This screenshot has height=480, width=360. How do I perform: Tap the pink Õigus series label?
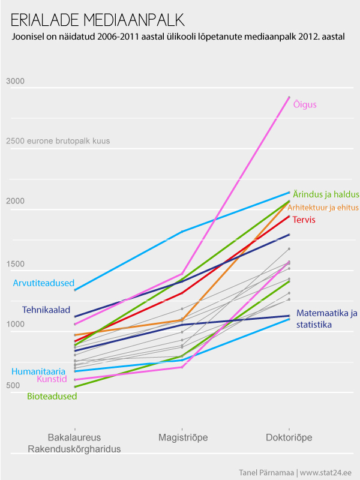click(305, 104)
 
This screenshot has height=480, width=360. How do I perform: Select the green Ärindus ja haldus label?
click(326, 194)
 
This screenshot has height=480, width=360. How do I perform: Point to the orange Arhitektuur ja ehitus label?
click(323, 208)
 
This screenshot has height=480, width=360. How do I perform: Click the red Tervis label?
click(304, 220)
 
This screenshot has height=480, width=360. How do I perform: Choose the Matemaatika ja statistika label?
click(326, 319)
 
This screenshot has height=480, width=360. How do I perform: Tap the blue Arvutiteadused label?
click(43, 283)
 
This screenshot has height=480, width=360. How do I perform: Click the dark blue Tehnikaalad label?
click(46, 310)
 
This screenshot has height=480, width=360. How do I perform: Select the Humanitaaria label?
click(38, 371)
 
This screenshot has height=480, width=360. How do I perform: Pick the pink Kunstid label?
click(51, 379)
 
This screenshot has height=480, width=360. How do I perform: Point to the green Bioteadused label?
click(52, 396)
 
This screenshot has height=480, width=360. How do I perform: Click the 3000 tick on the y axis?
click(15, 81)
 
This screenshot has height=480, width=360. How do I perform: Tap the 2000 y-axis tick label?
click(15, 201)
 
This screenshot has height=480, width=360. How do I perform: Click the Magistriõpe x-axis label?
click(182, 437)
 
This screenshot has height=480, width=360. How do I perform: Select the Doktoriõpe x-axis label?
click(289, 437)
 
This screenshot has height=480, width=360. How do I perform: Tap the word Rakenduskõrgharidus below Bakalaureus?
click(74, 449)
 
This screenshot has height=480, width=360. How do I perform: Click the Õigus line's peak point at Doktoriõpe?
click(289, 97)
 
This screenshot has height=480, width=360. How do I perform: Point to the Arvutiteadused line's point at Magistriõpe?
click(182, 231)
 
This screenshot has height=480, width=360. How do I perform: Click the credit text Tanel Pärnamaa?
click(266, 472)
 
